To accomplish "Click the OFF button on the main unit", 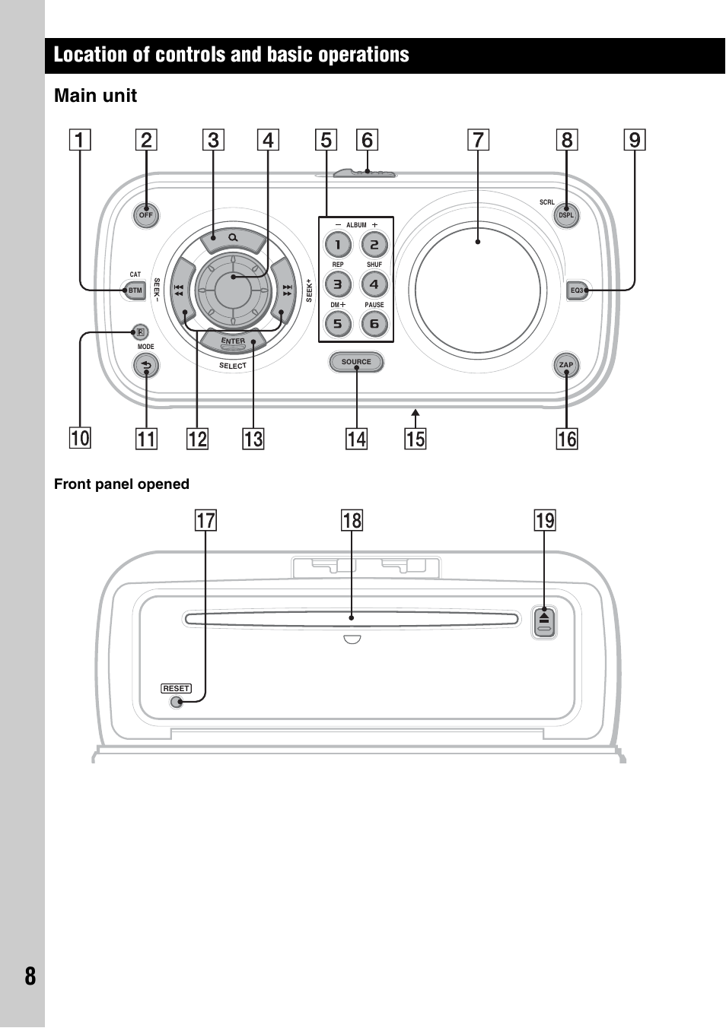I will pyautogui.click(x=145, y=215).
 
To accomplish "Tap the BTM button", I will pyautogui.click(x=135, y=290).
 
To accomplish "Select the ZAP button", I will pyautogui.click(x=566, y=365).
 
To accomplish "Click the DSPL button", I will pyautogui.click(x=566, y=215).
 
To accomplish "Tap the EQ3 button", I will pyautogui.click(x=578, y=290).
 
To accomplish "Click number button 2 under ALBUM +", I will pyautogui.click(x=374, y=244).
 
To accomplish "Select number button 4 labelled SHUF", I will pyautogui.click(x=374, y=284).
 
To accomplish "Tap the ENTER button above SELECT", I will pyautogui.click(x=234, y=341).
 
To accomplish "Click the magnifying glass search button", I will pyautogui.click(x=232, y=239).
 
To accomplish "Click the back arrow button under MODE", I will pyautogui.click(x=145, y=366).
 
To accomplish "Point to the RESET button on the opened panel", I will pyautogui.click(x=177, y=701).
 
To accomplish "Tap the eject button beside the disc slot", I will pyautogui.click(x=544, y=621).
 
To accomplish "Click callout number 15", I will pyautogui.click(x=416, y=439).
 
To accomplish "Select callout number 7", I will pyautogui.click(x=478, y=140).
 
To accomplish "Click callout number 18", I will pyautogui.click(x=352, y=521).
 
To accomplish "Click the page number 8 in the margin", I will pyautogui.click(x=30, y=976).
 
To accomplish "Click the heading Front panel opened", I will pyautogui.click(x=122, y=484).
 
